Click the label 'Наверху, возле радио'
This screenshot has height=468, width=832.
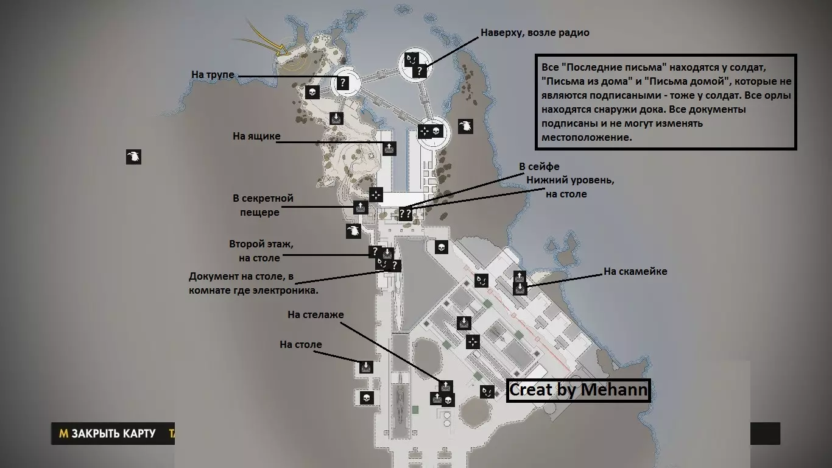pos(535,33)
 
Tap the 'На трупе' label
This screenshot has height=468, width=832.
pos(213,75)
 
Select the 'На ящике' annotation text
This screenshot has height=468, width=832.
pos(256,136)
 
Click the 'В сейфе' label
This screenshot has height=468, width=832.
pos(539,166)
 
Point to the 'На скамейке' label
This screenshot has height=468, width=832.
pos(635,271)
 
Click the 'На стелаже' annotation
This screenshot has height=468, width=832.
pos(316,314)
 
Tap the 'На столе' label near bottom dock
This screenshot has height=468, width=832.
pos(301,344)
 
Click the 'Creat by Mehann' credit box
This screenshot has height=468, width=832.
pos(578,390)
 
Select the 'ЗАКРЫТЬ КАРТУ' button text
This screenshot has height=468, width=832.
pos(113,433)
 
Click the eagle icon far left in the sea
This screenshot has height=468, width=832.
pos(134,157)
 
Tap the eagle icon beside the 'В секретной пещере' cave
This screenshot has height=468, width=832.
pos(353,231)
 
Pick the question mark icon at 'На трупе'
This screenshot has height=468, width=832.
pos(343,82)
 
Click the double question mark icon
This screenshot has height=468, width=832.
pos(405,214)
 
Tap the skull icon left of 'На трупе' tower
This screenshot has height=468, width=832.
pos(312,92)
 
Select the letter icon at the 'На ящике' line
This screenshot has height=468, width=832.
pos(389,148)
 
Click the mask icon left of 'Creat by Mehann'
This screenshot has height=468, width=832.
pos(487,391)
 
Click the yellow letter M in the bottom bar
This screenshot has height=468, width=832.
pos(63,433)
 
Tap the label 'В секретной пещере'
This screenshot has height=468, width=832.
pos(263,205)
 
